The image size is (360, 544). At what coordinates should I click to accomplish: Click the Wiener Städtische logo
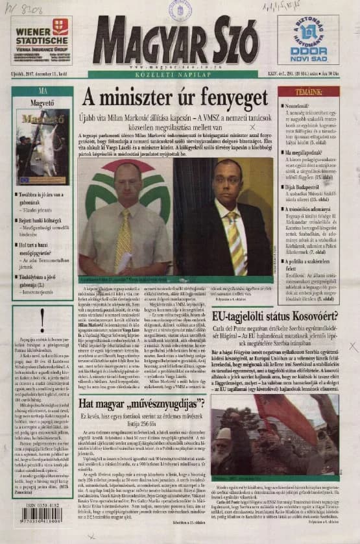pyautogui.click(x=41, y=40)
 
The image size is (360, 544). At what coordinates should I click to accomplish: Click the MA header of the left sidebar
pyautogui.click(x=43, y=91)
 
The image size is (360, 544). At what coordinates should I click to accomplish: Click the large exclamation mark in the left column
pyautogui.click(x=42, y=318)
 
